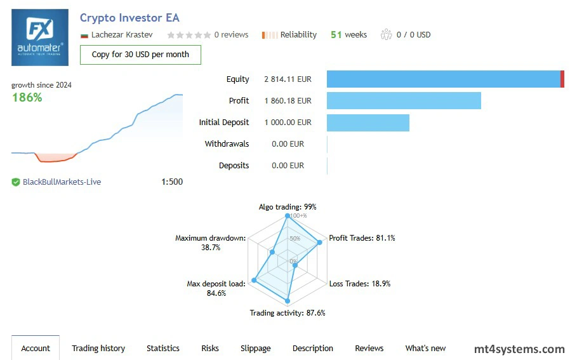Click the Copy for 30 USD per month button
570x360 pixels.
click(140, 55)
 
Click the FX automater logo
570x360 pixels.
click(40, 37)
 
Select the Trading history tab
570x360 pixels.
click(98, 348)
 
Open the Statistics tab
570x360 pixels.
click(163, 348)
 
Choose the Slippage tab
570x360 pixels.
click(255, 348)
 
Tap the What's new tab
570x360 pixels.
click(425, 348)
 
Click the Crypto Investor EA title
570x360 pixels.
click(129, 18)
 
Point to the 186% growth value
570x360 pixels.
click(27, 97)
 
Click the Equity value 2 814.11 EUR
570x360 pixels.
click(288, 79)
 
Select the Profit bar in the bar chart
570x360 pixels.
click(404, 101)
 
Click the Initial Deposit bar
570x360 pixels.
click(368, 123)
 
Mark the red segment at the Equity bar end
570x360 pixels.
click(562, 79)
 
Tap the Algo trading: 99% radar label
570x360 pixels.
click(288, 207)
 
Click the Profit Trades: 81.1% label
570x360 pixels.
click(362, 238)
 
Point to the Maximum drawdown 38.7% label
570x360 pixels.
click(210, 243)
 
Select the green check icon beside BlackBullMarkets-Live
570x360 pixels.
click(16, 182)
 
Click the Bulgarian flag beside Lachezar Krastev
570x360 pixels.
click(84, 35)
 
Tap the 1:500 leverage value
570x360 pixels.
click(172, 182)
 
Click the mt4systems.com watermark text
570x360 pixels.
click(519, 349)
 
